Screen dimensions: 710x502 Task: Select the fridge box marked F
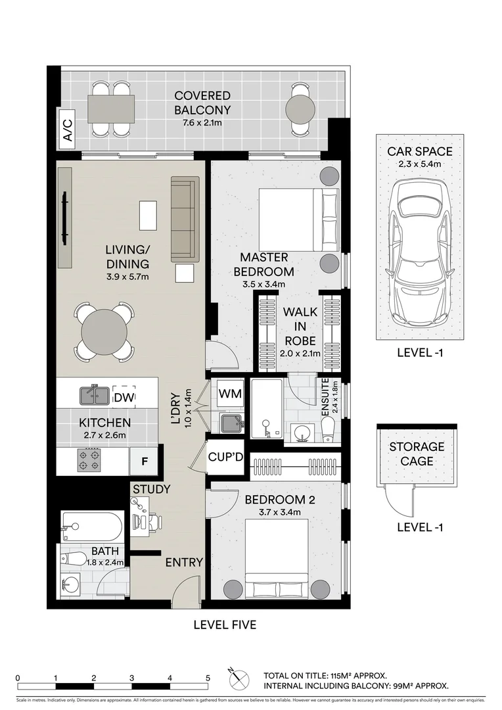pyautogui.click(x=144, y=461)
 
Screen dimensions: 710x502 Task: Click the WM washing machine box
pyautogui.click(x=230, y=394)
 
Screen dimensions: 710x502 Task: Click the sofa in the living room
pyautogui.click(x=185, y=218)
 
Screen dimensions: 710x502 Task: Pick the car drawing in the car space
pyautogui.click(x=419, y=253)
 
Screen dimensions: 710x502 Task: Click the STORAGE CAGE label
pyautogui.click(x=417, y=454)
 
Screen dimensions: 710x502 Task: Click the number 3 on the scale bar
pyautogui.click(x=132, y=677)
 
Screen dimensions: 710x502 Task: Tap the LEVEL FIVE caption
pyautogui.click(x=225, y=625)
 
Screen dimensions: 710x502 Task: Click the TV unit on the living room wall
pyautogui.click(x=64, y=218)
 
